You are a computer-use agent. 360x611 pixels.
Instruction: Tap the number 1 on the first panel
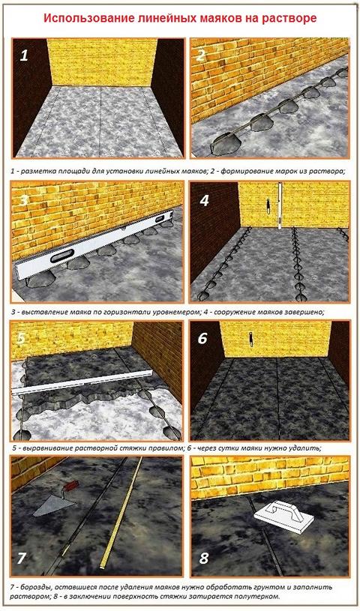(x=24, y=55)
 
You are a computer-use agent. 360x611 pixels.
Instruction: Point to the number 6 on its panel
(x=202, y=338)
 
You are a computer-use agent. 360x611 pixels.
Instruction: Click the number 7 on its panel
(x=21, y=559)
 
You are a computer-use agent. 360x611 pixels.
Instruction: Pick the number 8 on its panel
(x=204, y=559)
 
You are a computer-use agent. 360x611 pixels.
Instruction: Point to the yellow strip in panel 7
(x=121, y=514)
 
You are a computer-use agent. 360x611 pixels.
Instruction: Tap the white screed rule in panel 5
(x=82, y=382)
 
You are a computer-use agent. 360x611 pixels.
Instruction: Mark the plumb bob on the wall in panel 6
(x=251, y=339)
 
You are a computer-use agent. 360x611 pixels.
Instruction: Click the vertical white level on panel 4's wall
(x=279, y=206)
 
